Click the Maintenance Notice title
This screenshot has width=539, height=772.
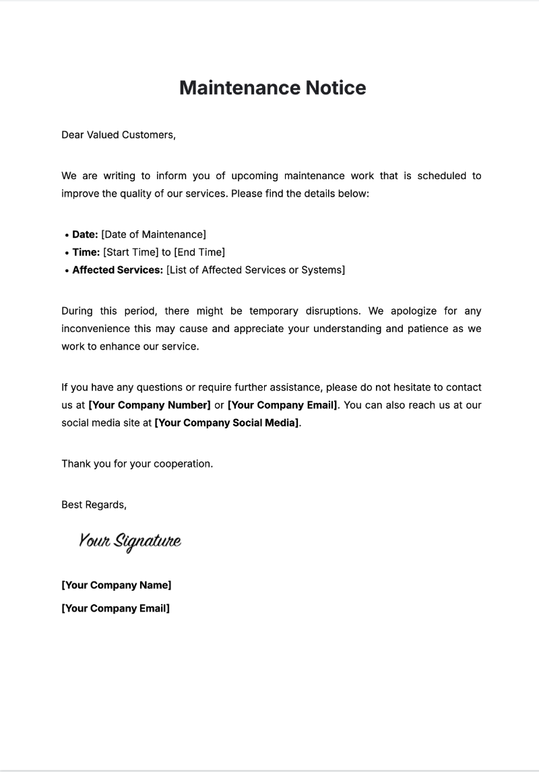[x=272, y=88]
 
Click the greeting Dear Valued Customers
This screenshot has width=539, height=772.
[x=119, y=135]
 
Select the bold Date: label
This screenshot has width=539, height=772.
[x=85, y=234]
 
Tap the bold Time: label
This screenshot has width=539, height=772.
[x=86, y=252]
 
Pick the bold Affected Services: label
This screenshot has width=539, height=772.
[x=117, y=270]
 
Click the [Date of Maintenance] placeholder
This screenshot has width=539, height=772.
[x=154, y=234]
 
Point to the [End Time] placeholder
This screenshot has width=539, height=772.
[x=199, y=252]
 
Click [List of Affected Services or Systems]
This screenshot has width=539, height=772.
[x=255, y=270]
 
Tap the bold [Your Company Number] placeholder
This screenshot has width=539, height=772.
[x=150, y=405]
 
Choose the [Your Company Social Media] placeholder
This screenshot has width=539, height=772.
[x=226, y=423]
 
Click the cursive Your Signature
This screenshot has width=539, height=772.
[x=130, y=541]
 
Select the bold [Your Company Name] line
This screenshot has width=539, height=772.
[x=117, y=585]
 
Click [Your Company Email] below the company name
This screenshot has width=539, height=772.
[x=115, y=608]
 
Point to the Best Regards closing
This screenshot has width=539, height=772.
[x=94, y=504]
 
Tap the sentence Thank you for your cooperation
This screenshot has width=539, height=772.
[x=137, y=463]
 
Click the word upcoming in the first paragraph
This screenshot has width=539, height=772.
[x=255, y=176]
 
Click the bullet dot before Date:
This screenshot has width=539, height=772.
[x=67, y=235]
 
